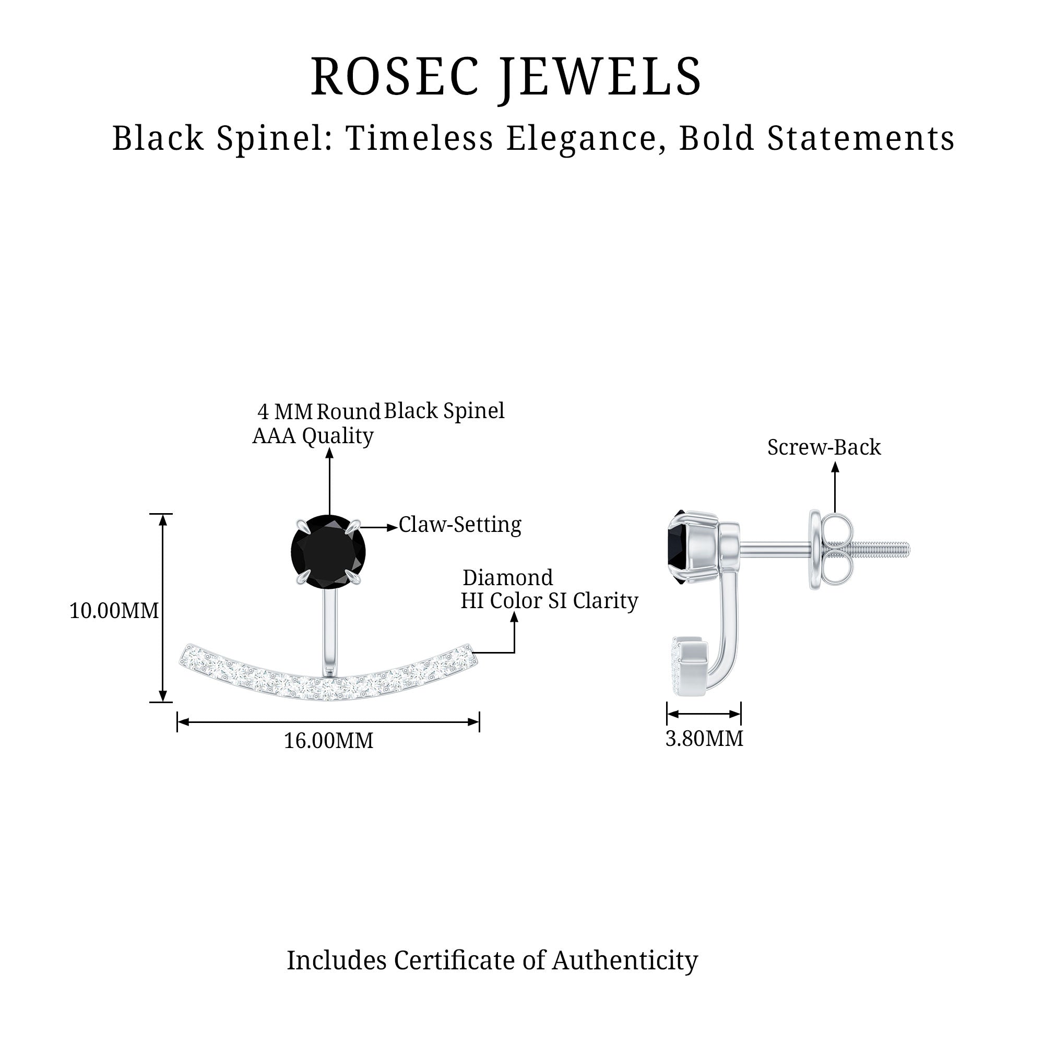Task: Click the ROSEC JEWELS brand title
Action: (x=506, y=77)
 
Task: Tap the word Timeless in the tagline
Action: (x=419, y=138)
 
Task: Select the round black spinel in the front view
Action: (x=328, y=551)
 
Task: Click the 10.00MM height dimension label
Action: (x=114, y=611)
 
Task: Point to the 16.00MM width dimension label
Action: (x=328, y=740)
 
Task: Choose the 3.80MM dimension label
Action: (x=704, y=738)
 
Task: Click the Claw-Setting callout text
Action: (x=460, y=525)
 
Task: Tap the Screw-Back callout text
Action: (x=824, y=447)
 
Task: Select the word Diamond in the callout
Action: (x=507, y=578)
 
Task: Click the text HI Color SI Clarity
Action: (x=549, y=601)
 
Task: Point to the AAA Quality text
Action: (x=313, y=435)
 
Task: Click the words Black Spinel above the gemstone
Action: (x=444, y=411)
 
